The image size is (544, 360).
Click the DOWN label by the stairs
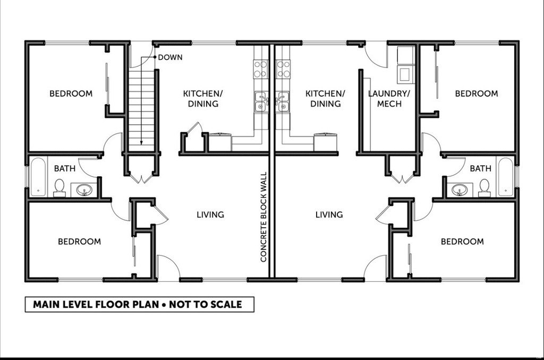pos(170,57)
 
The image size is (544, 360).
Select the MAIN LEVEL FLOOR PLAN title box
pos(139,305)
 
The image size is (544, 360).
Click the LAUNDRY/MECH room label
pos(389,99)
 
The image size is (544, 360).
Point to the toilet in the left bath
pos(59,187)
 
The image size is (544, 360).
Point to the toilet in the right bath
pos(484,187)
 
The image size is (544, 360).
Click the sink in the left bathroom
pos(84,189)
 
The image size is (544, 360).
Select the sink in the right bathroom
pos(459,189)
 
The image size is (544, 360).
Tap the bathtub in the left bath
pos(38,177)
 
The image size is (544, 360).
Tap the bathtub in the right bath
pos(505,177)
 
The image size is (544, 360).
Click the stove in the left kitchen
pos(260,68)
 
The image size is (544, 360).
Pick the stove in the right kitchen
pos(283,68)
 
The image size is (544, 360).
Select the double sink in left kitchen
pos(260,101)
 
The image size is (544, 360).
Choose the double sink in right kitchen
pos(283,101)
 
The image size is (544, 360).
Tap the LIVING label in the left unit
pos(210,215)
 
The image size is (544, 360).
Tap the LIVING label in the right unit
pos(329,215)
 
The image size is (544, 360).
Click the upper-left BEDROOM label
pos(71,94)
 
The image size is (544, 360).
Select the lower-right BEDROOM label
pos(462,242)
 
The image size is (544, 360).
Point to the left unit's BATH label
pos(65,169)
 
